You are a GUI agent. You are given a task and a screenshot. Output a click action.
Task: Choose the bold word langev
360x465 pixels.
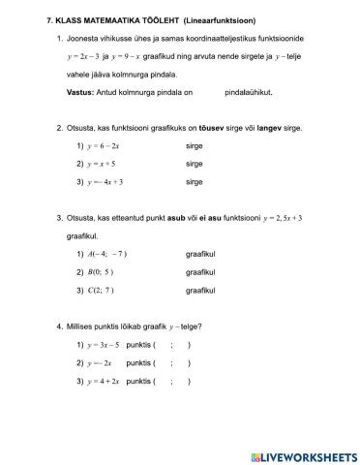[276, 127]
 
